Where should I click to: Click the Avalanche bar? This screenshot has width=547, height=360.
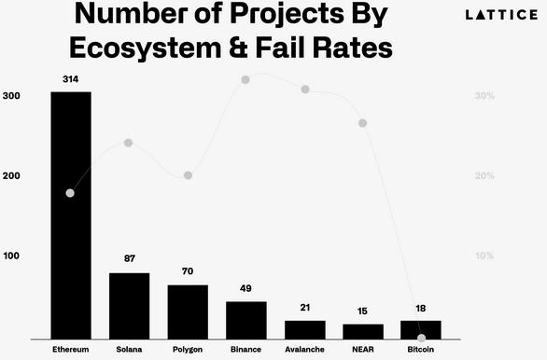pos(305,329)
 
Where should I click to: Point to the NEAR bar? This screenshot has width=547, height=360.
pos(362,331)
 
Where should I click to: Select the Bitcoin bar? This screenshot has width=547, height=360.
pos(420,329)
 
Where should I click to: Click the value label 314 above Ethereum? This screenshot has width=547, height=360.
pos(71,80)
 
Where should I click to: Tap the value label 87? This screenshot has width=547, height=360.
pos(129,258)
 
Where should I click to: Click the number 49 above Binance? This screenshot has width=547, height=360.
pos(246,288)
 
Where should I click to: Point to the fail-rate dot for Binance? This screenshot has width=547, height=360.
pos(246,80)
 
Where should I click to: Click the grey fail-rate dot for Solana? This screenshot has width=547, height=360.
pos(129,143)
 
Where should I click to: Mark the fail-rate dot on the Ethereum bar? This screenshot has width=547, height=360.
pos(70,193)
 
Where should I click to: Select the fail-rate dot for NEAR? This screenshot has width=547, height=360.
pos(362,123)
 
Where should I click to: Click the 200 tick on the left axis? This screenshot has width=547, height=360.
pos(12,175)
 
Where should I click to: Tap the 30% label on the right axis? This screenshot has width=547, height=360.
pos(484,96)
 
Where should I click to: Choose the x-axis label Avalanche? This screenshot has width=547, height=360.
pos(305,350)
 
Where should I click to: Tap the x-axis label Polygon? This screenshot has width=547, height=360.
pos(188,350)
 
